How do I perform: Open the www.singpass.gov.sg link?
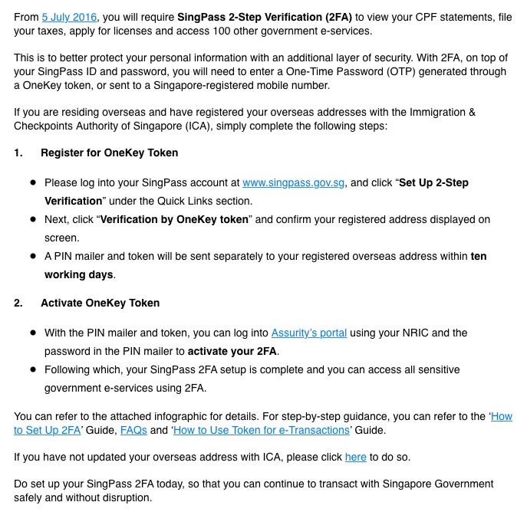[x=295, y=183]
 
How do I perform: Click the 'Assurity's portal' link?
[x=309, y=333]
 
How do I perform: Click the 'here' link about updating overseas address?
[x=355, y=457]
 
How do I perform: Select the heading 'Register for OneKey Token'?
[x=109, y=153]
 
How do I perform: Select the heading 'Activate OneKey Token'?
[x=100, y=303]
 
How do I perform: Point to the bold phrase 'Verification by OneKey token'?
[x=175, y=219]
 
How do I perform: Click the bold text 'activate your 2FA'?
[x=232, y=351]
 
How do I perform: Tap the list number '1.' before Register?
[x=18, y=153]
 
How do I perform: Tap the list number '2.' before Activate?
[x=18, y=303]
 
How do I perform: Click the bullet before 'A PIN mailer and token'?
[x=33, y=256]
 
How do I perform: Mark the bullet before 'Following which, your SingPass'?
[x=33, y=370]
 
